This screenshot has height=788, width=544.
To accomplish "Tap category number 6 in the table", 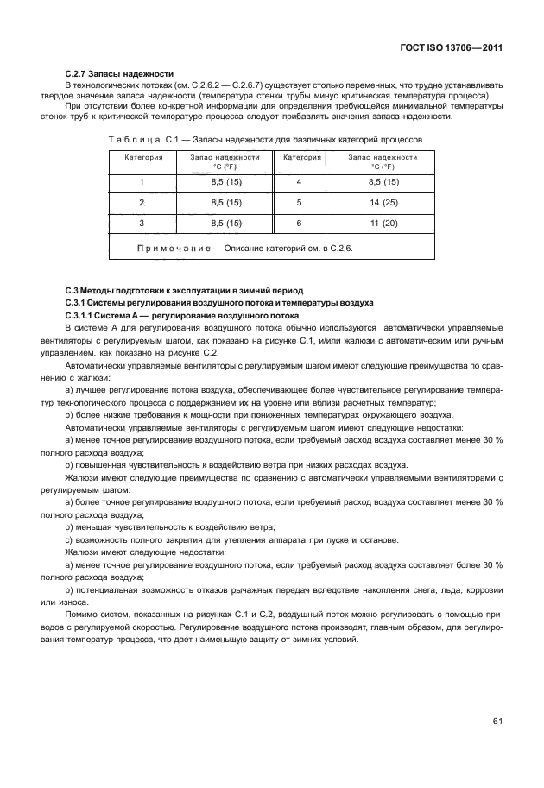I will point(298,223).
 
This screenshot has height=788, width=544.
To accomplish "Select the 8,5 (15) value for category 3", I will point(226,223).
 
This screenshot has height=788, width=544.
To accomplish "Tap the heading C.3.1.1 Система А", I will point(164,316).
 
